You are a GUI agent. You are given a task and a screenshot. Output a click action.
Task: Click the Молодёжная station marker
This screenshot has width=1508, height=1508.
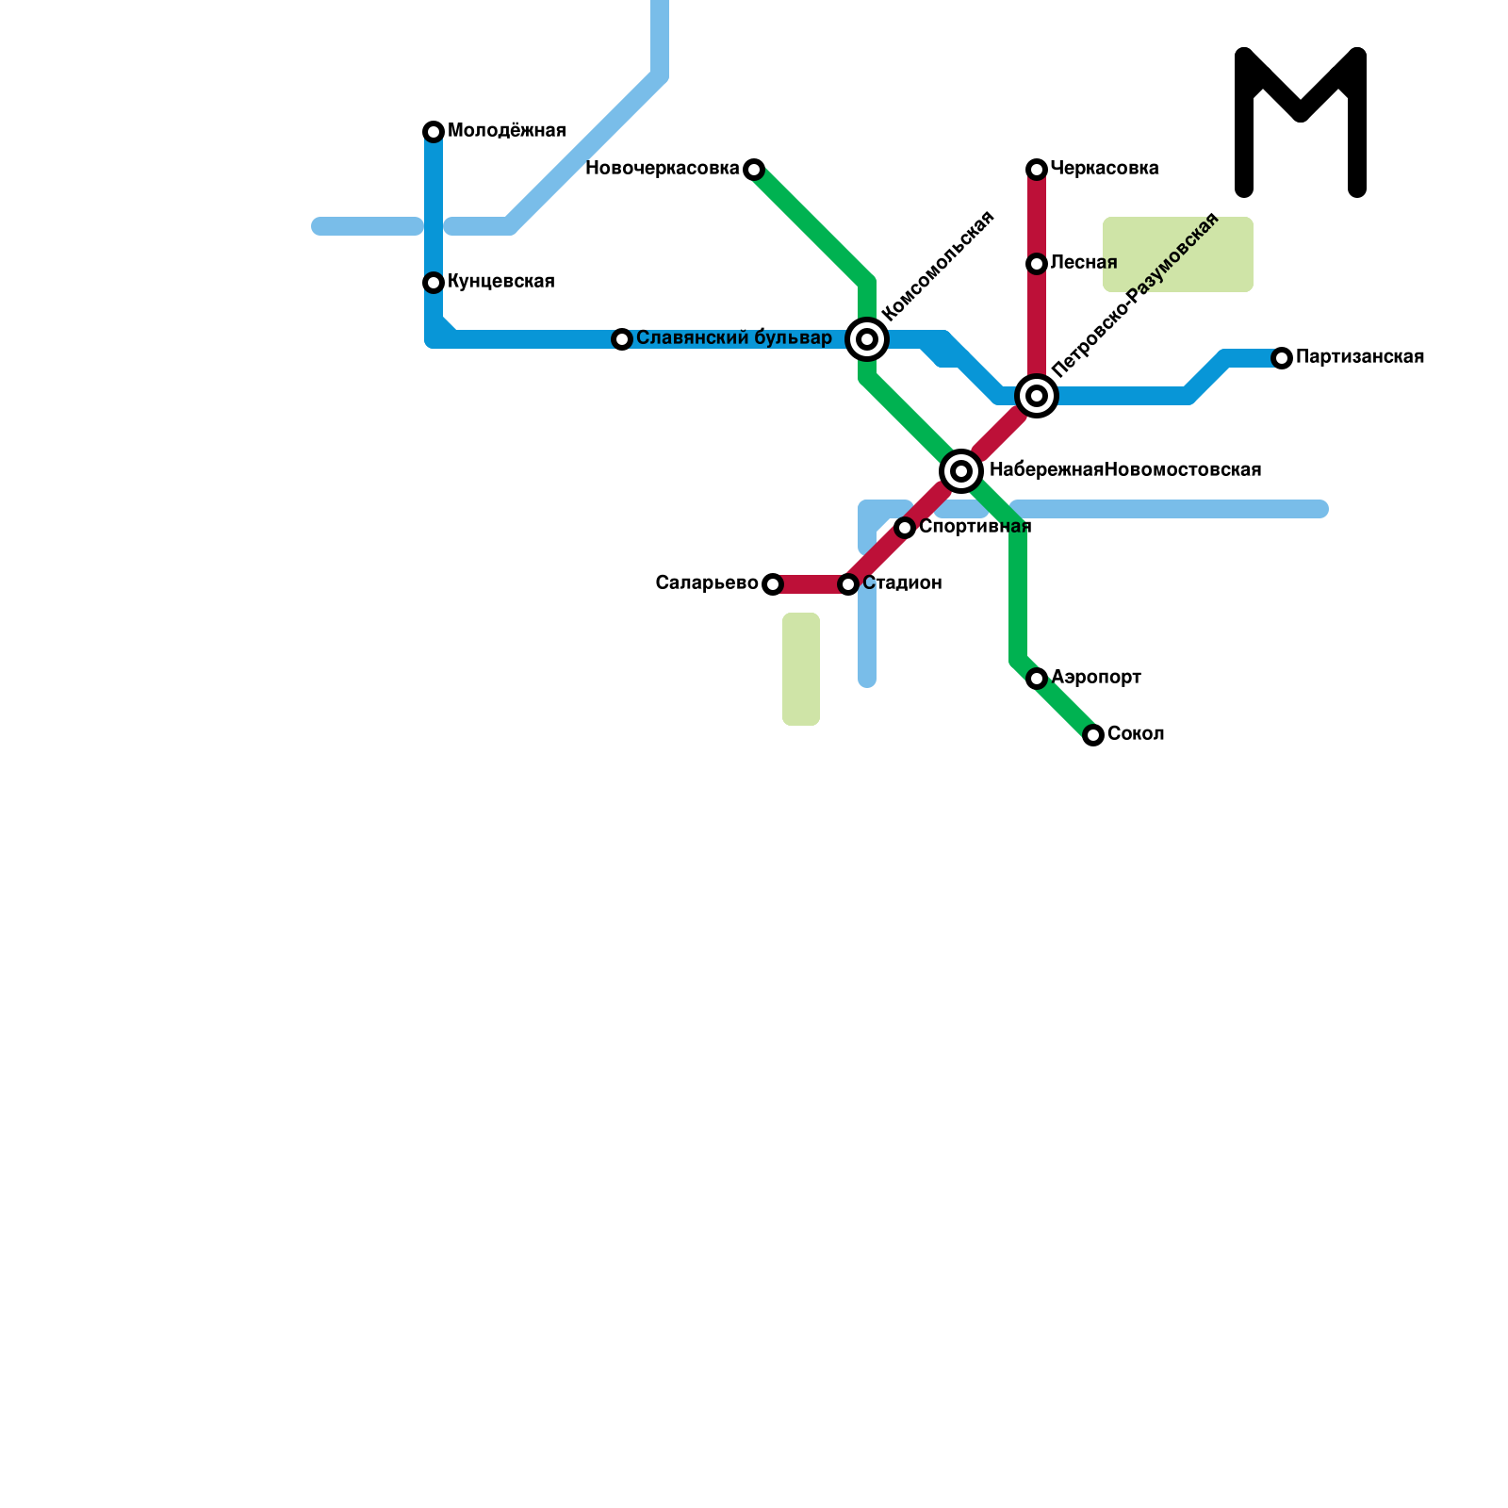point(434,132)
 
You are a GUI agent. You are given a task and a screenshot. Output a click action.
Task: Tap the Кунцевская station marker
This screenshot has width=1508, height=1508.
point(434,283)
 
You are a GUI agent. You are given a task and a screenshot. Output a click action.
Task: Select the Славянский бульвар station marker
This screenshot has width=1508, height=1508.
point(622,339)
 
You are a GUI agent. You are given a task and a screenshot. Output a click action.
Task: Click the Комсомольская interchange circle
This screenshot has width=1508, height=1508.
point(867,339)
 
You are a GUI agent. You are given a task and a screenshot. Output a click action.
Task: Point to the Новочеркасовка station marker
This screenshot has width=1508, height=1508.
point(754,170)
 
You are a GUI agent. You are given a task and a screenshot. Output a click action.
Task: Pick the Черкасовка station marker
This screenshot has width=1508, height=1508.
point(1037,170)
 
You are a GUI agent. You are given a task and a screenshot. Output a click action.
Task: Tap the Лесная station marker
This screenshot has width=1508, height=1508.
point(1037,264)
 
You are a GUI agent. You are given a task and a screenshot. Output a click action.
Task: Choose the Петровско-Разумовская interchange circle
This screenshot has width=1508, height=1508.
point(1037,396)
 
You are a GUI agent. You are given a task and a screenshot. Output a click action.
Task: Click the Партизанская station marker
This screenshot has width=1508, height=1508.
point(1282,358)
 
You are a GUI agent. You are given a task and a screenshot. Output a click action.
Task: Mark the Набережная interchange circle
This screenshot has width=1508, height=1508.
point(961,471)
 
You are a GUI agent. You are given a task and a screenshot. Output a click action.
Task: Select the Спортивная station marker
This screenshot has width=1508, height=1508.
point(905,528)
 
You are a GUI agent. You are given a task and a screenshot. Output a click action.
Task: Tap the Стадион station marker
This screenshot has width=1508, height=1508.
point(848,584)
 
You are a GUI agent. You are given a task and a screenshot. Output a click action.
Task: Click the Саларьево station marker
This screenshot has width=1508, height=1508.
point(773,584)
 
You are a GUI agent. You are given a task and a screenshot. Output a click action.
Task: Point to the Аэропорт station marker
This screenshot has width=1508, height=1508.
point(1037,679)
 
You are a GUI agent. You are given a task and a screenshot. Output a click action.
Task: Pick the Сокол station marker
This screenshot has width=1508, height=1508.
point(1093,735)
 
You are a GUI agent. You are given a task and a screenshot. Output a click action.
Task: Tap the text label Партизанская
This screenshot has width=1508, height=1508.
point(1359,357)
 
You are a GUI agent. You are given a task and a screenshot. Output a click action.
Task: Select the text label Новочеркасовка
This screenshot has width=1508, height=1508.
point(662,169)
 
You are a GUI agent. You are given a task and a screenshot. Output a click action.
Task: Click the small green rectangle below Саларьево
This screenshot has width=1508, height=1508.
point(801,669)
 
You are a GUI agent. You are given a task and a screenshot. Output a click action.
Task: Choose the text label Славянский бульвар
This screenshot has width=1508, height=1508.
point(733,338)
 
